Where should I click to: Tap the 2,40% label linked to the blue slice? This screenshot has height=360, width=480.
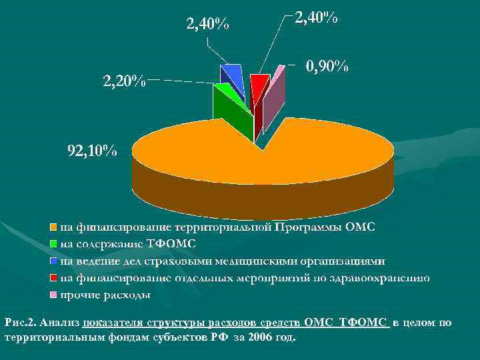point(207,25)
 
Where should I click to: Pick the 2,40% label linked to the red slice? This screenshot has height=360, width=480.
point(316,19)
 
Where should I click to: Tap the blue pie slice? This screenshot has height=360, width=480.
point(232,72)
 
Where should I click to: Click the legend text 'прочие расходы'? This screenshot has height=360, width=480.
point(105,295)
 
